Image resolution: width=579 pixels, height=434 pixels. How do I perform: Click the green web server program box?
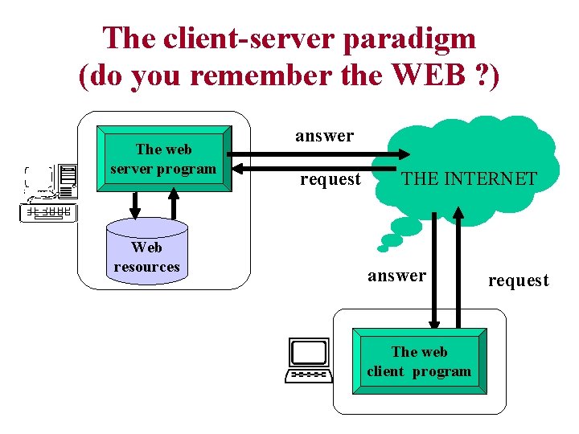[164, 158]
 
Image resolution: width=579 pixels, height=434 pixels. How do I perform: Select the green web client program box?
[419, 361]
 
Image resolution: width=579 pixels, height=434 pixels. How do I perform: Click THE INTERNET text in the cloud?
[469, 178]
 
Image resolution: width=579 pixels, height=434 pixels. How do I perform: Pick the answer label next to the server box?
[324, 136]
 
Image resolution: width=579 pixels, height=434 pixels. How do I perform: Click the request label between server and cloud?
[330, 179]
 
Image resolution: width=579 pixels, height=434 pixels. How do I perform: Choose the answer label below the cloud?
[396, 276]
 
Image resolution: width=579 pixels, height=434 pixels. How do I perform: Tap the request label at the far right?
[518, 280]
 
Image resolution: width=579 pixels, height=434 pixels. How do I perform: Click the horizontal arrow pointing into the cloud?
[322, 154]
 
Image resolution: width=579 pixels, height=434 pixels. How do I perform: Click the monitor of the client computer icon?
[310, 353]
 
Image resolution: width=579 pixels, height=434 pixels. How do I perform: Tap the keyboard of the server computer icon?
[49, 212]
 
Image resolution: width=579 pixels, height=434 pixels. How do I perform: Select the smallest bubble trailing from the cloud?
[383, 248]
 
